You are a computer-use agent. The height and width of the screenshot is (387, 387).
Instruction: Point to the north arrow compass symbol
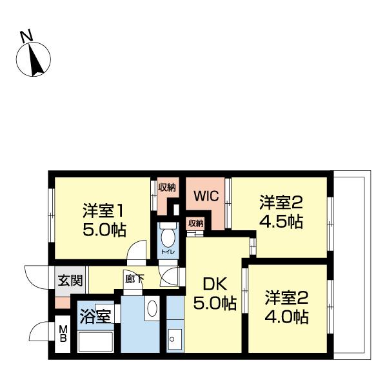tap(33, 59)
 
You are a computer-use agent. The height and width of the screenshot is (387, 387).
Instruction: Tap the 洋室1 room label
tap(103, 211)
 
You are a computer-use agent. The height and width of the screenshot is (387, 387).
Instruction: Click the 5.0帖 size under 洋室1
tap(104, 229)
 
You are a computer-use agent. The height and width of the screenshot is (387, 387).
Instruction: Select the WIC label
tap(205, 196)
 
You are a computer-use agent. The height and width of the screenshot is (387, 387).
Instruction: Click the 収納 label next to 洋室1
tap(167, 188)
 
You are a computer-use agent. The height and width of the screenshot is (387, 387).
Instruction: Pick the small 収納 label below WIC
tap(195, 223)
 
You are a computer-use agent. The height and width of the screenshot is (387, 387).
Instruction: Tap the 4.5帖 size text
tap(281, 221)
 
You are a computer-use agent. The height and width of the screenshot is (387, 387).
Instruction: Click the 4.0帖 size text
tap(286, 317)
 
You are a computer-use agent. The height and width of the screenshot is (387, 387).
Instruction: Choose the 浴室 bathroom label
tap(95, 317)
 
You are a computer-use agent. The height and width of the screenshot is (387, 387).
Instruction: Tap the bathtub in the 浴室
tap(96, 341)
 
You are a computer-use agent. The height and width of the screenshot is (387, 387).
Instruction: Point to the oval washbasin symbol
tap(152, 308)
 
